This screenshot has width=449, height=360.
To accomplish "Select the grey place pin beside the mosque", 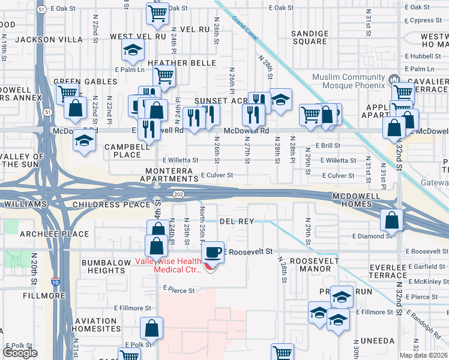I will pyautogui.click(x=394, y=79).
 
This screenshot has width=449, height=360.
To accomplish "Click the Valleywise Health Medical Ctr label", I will pyautogui.click(x=168, y=265).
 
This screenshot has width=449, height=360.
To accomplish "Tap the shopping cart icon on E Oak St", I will pyautogui.click(x=157, y=12).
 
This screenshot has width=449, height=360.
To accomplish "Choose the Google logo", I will pyautogui.click(x=20, y=353).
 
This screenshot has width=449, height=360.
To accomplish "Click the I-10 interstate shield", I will pyautogui.click(x=55, y=281).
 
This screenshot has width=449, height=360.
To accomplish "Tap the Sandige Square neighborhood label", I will pyautogui.click(x=309, y=38).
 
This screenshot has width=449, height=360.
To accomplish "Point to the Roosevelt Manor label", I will pyautogui.click(x=310, y=265).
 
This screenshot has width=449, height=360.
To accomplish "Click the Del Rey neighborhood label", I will pyautogui.click(x=237, y=221).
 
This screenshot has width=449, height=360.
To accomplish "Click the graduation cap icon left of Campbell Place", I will pyautogui.click(x=85, y=140).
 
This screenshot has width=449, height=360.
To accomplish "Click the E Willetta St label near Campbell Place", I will pyautogui.click(x=180, y=160).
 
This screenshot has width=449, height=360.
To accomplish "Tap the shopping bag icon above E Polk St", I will pyautogui.click(x=151, y=328).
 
